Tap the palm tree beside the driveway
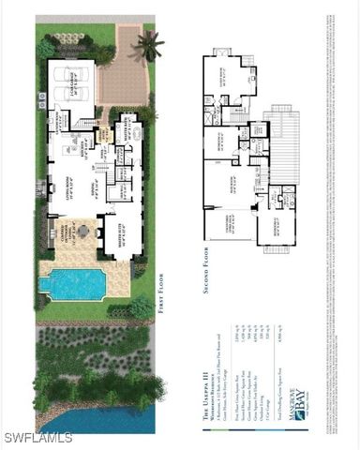[x=147, y=43]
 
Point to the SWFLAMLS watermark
[x=37, y=437]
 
